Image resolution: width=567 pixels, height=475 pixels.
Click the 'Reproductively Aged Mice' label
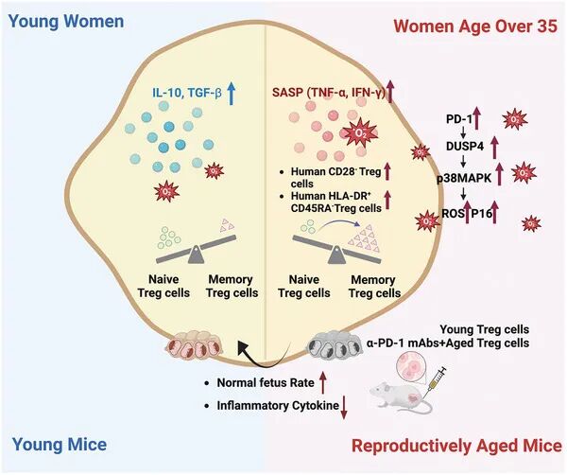click(456, 446)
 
